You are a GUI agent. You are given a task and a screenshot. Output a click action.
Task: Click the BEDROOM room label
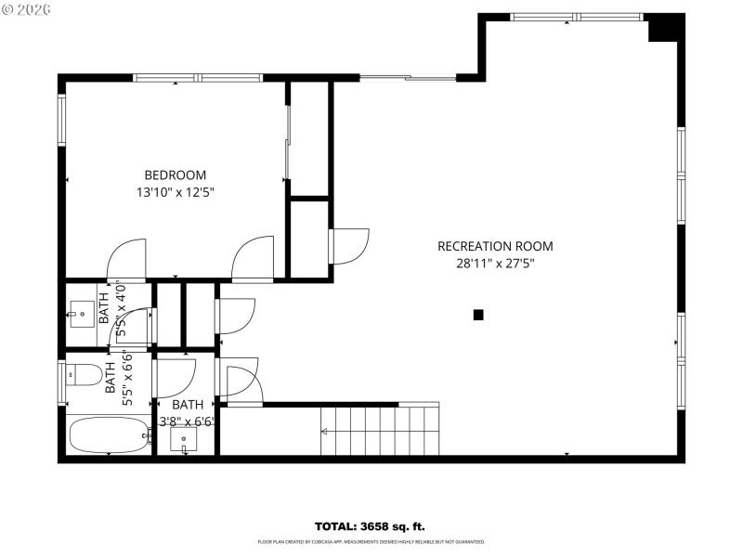point(175,175)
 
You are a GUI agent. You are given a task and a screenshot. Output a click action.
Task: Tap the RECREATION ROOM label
point(494,246)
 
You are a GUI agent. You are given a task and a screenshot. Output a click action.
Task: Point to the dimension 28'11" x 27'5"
point(494,264)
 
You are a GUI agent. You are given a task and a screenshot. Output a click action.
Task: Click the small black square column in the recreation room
point(478,315)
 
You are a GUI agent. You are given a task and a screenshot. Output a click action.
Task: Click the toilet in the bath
point(85,376)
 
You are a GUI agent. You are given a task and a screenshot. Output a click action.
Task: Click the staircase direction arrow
point(326,431)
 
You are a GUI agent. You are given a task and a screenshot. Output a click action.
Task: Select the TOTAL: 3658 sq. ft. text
point(371,526)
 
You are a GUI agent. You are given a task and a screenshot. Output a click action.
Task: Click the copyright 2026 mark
point(27,8)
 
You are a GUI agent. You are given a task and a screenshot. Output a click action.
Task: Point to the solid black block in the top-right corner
point(664,29)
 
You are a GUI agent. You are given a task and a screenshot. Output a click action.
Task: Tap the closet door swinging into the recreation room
point(349,246)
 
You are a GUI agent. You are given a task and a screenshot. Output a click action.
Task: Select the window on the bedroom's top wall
point(196,78)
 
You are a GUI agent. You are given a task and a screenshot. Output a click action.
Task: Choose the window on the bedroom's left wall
point(62,120)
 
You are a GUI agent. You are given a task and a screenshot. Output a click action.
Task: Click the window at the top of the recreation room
point(576,17)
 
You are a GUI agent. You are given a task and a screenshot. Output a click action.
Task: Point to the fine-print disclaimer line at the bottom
point(371,541)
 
